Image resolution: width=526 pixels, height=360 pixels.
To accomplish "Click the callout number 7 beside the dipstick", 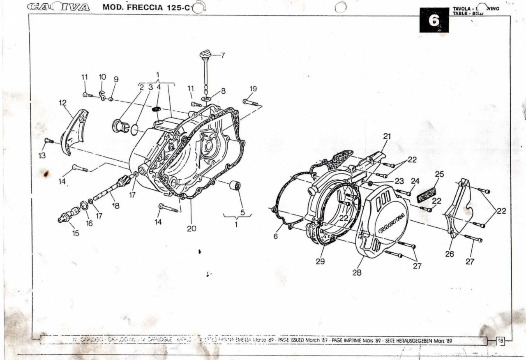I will pos(223,55).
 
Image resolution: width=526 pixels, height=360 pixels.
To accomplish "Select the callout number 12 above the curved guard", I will pos(62,103).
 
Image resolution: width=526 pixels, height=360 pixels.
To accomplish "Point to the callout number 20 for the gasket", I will pos(191,228).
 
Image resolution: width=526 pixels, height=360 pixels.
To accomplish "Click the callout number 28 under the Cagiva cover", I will pos(357,272).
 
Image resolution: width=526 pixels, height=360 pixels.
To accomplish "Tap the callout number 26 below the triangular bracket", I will pos(450,254).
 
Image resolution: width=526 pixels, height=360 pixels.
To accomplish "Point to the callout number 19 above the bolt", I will pos(253,89).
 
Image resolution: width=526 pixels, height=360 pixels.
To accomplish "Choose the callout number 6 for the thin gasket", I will pos(276,236).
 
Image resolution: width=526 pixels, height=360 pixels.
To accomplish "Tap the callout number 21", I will pos(387,136).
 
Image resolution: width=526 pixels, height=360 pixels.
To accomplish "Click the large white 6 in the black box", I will pos(434,21).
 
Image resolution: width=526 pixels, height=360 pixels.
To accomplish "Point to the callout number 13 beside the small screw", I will pos(42,156).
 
